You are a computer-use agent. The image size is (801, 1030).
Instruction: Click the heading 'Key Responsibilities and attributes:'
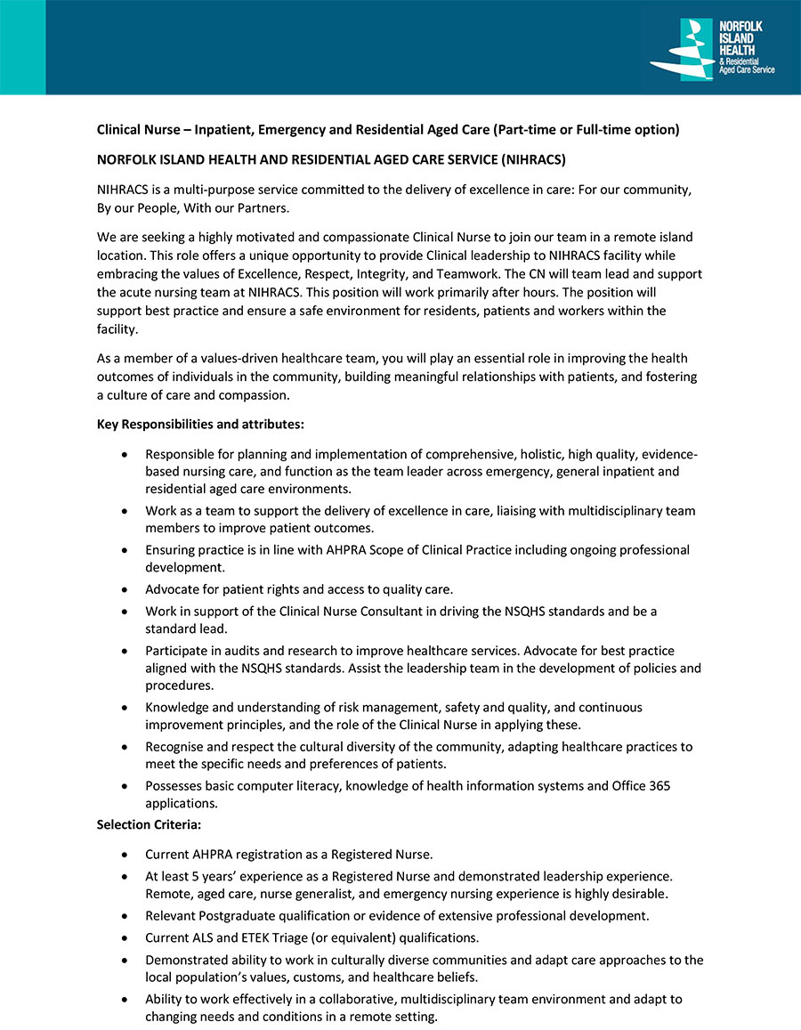[200, 424]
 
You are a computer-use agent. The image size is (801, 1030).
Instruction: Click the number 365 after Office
[659, 785]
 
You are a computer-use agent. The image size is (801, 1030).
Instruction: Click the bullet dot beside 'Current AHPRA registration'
[124, 856]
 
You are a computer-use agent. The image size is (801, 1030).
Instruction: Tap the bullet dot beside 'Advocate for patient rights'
[124, 589]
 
